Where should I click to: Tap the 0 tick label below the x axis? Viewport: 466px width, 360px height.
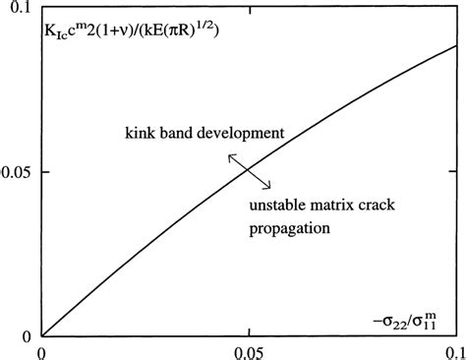pos(41,351)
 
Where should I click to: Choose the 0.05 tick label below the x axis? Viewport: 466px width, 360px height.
pos(249,351)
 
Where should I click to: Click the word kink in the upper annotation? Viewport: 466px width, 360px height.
pos(142,132)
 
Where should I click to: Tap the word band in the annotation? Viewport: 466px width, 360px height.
pos(178,132)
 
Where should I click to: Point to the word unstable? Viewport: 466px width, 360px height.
pos(271,207)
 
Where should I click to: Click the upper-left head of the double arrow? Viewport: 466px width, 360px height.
pos(230,154)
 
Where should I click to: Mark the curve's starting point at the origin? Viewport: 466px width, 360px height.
pos(42,335)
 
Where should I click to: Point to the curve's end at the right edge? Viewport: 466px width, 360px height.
pos(455,45)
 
